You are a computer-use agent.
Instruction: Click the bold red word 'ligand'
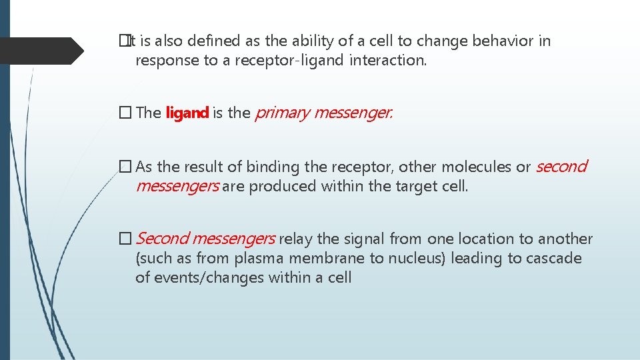point(187,113)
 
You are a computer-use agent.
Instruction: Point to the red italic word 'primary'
point(282,113)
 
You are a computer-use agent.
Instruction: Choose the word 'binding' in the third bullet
point(271,167)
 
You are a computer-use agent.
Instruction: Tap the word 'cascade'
point(552,259)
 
